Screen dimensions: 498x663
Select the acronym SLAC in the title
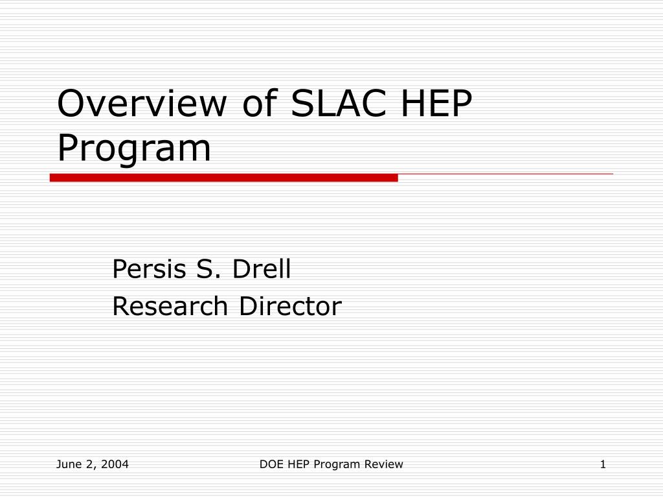click(335, 104)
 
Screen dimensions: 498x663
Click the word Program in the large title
click(134, 148)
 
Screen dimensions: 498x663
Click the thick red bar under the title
click(223, 178)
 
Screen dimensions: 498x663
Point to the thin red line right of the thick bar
click(505, 174)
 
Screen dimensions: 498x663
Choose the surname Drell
click(262, 268)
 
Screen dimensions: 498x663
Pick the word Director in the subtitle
click(289, 306)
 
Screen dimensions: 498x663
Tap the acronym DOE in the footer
click(272, 464)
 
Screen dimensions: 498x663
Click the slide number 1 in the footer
click(603, 464)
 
